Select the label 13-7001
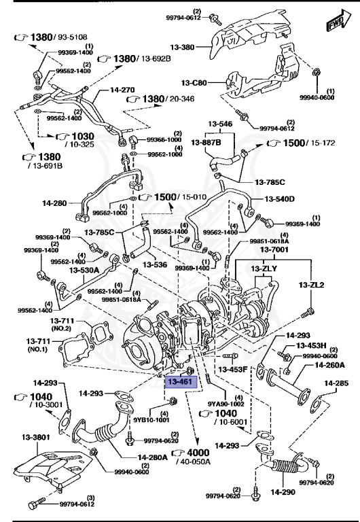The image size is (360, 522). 275,250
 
